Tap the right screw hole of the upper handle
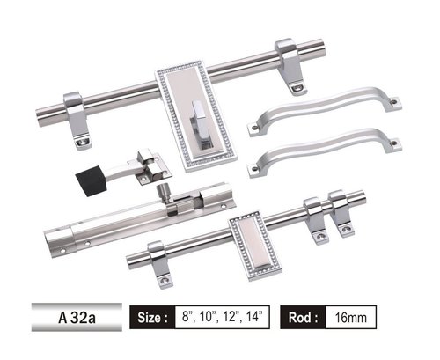coord(392,104)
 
